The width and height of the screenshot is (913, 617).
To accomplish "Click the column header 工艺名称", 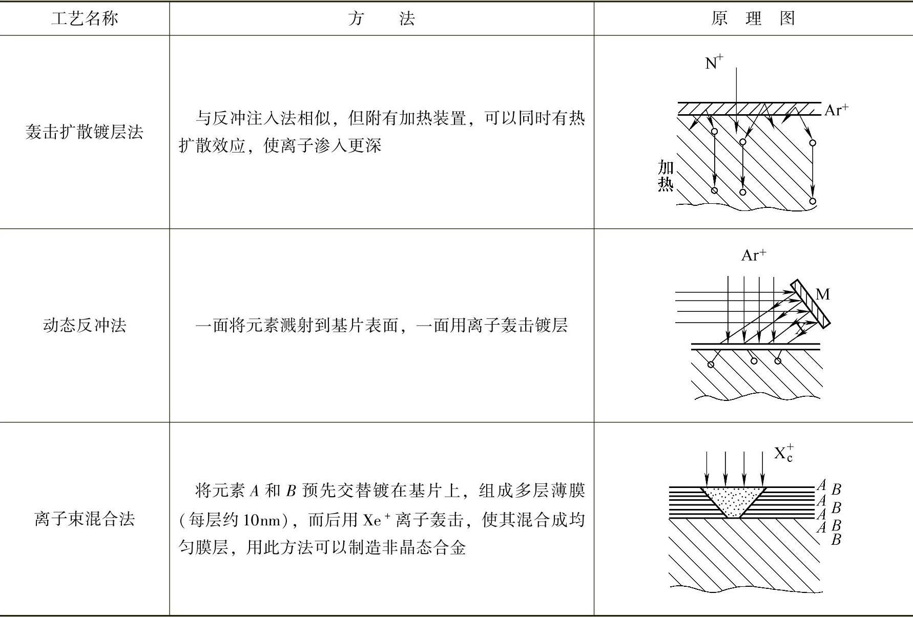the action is point(85,19).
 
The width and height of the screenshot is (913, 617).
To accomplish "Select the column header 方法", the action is point(381,19).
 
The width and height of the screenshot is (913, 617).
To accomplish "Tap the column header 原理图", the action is point(753,19).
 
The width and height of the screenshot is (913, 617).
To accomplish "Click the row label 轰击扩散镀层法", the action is point(85,132).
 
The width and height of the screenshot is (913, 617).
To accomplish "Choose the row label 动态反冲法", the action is point(85,325).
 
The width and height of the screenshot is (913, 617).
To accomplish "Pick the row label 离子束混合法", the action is point(85,519).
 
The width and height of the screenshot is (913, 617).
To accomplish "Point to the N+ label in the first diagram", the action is point(713,62).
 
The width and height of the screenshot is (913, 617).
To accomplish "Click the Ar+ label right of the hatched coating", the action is point(836,110).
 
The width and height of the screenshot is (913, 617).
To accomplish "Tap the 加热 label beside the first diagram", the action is point(666,175).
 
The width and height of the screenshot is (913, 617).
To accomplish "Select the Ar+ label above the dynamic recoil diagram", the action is point(754,255).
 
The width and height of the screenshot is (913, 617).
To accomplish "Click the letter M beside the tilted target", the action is point(822,294).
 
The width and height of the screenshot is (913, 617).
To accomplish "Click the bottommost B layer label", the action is point(836,539).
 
